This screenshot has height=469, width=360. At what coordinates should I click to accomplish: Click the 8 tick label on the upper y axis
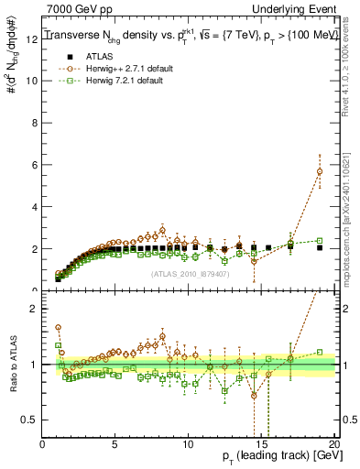[35, 122]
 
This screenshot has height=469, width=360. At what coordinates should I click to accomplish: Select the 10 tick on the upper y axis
[33, 80]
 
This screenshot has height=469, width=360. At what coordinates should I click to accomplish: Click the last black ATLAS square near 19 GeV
[319, 247]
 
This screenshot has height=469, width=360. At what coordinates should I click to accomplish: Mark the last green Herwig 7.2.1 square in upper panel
[319, 241]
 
